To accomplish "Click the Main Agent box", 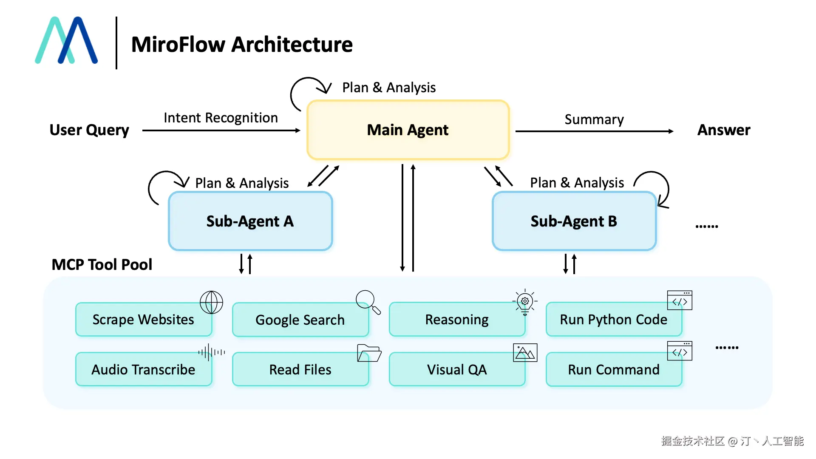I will pyautogui.click(x=408, y=130).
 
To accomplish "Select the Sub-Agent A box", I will pyautogui.click(x=250, y=221).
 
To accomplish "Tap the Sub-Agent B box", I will pyautogui.click(x=574, y=221).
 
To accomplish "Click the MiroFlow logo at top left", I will pyautogui.click(x=66, y=41).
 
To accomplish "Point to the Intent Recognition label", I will pyautogui.click(x=221, y=118).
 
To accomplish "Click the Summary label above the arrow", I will pyautogui.click(x=594, y=119).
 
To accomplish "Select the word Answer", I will pyautogui.click(x=723, y=130).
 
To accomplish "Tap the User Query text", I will pyautogui.click(x=89, y=130).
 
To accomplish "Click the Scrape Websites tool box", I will pyautogui.click(x=143, y=320).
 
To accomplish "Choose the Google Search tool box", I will pyautogui.click(x=300, y=320).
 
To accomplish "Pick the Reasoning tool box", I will pyautogui.click(x=457, y=320).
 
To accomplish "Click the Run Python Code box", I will pyautogui.click(x=613, y=320).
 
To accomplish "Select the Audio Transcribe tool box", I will pyautogui.click(x=143, y=369).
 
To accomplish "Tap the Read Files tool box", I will pyautogui.click(x=300, y=369).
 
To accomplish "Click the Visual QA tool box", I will pyautogui.click(x=457, y=369).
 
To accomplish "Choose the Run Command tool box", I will pyautogui.click(x=613, y=369).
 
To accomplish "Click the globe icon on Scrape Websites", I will pyautogui.click(x=211, y=302).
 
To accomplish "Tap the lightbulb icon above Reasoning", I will pyautogui.click(x=525, y=302).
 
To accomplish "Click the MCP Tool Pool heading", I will pyautogui.click(x=102, y=264).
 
